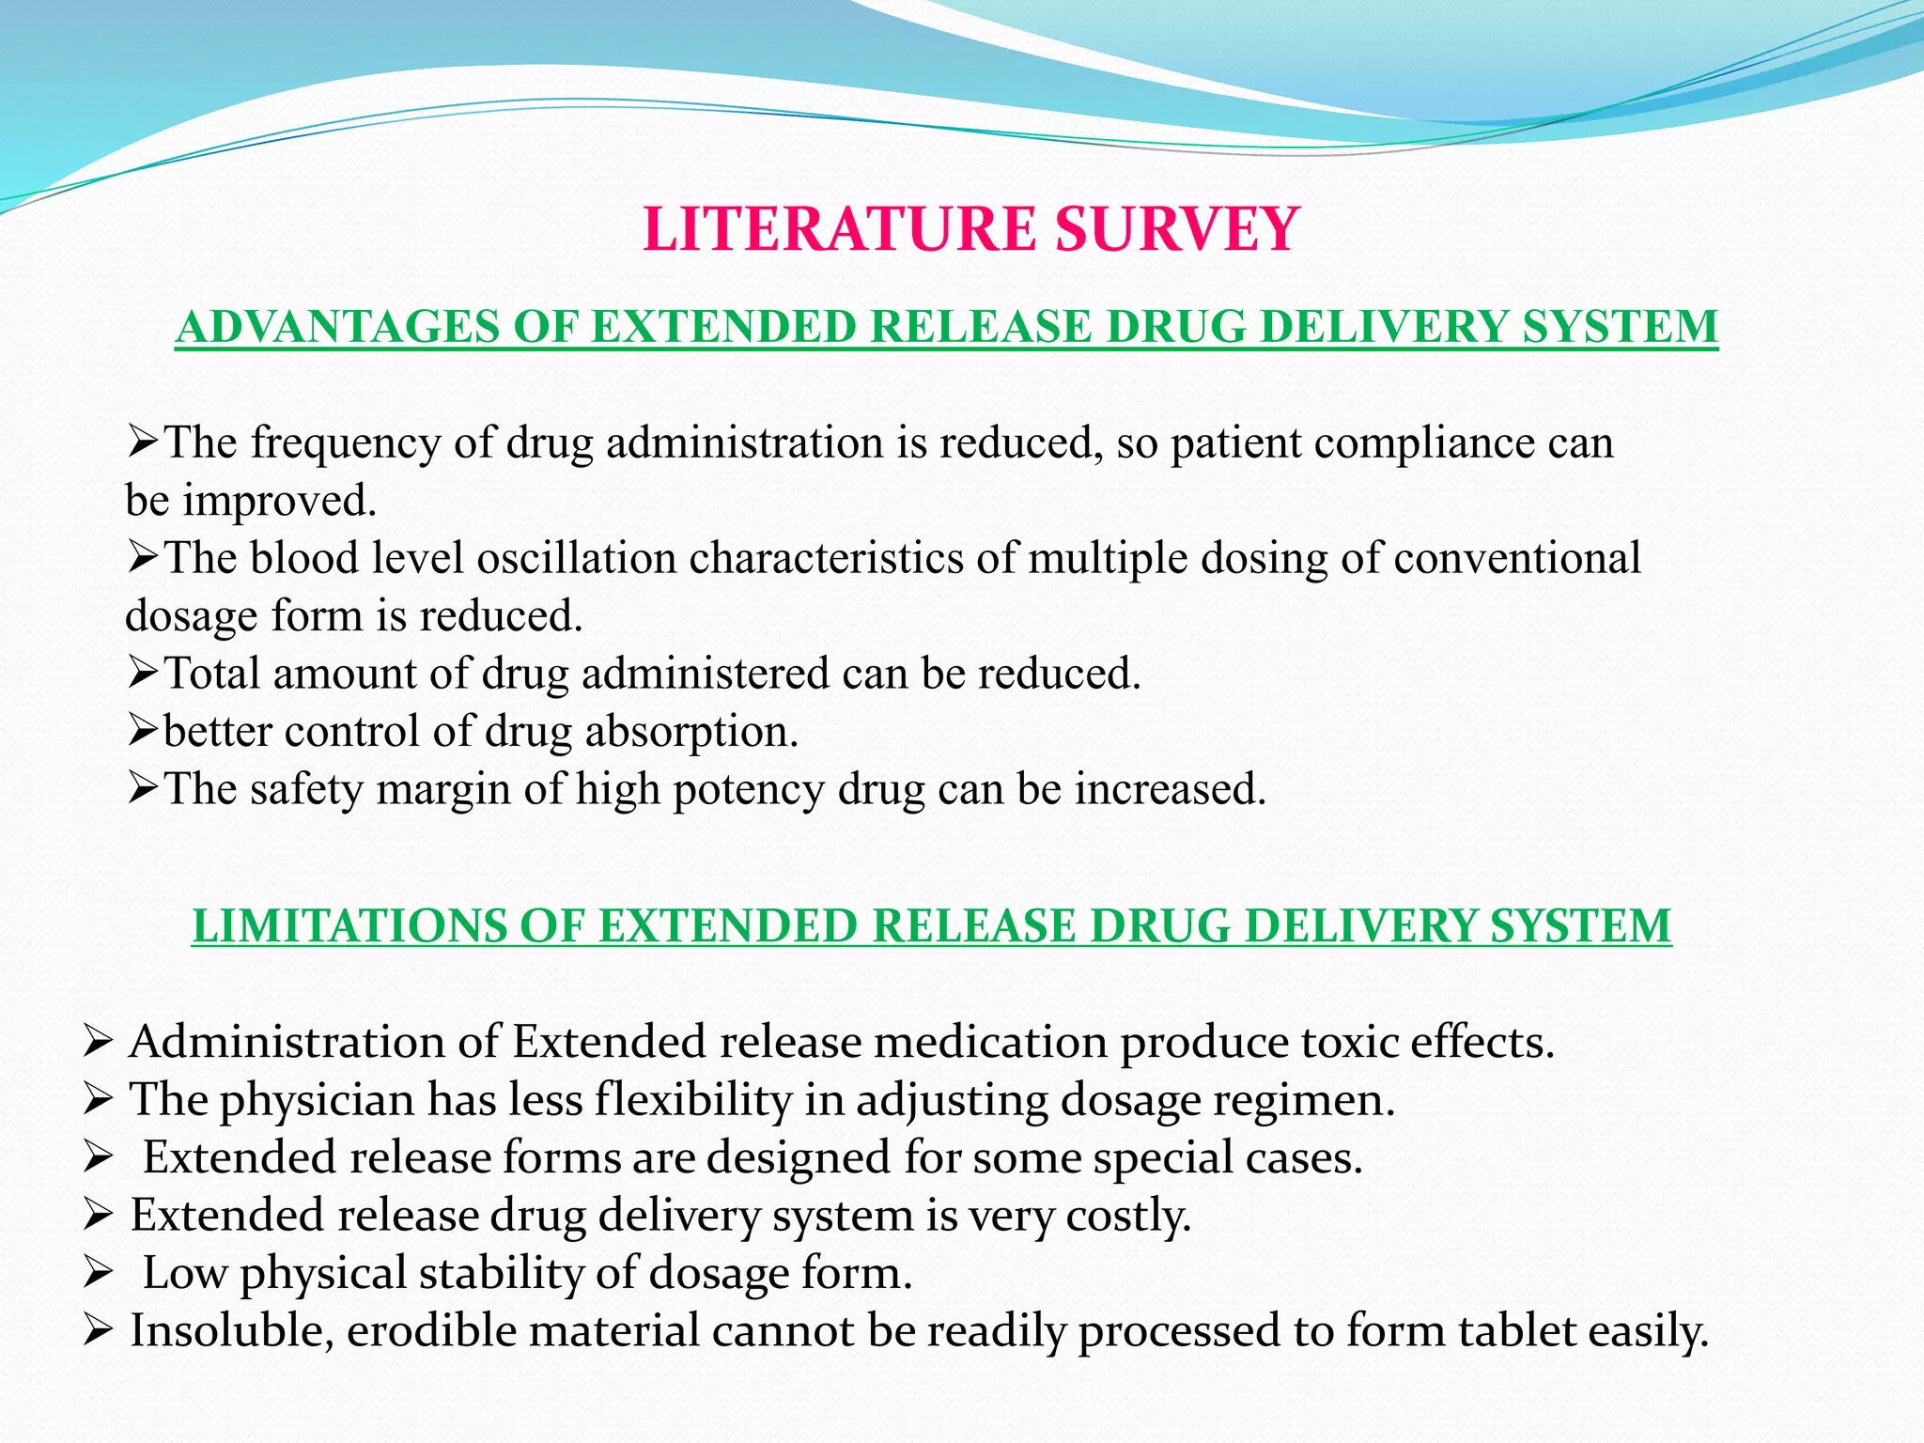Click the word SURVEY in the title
point(1176,229)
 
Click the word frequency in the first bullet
point(345,444)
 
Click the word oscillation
point(577,558)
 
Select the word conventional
point(1516,558)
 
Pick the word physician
point(318,1101)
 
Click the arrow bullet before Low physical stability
point(98,1274)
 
